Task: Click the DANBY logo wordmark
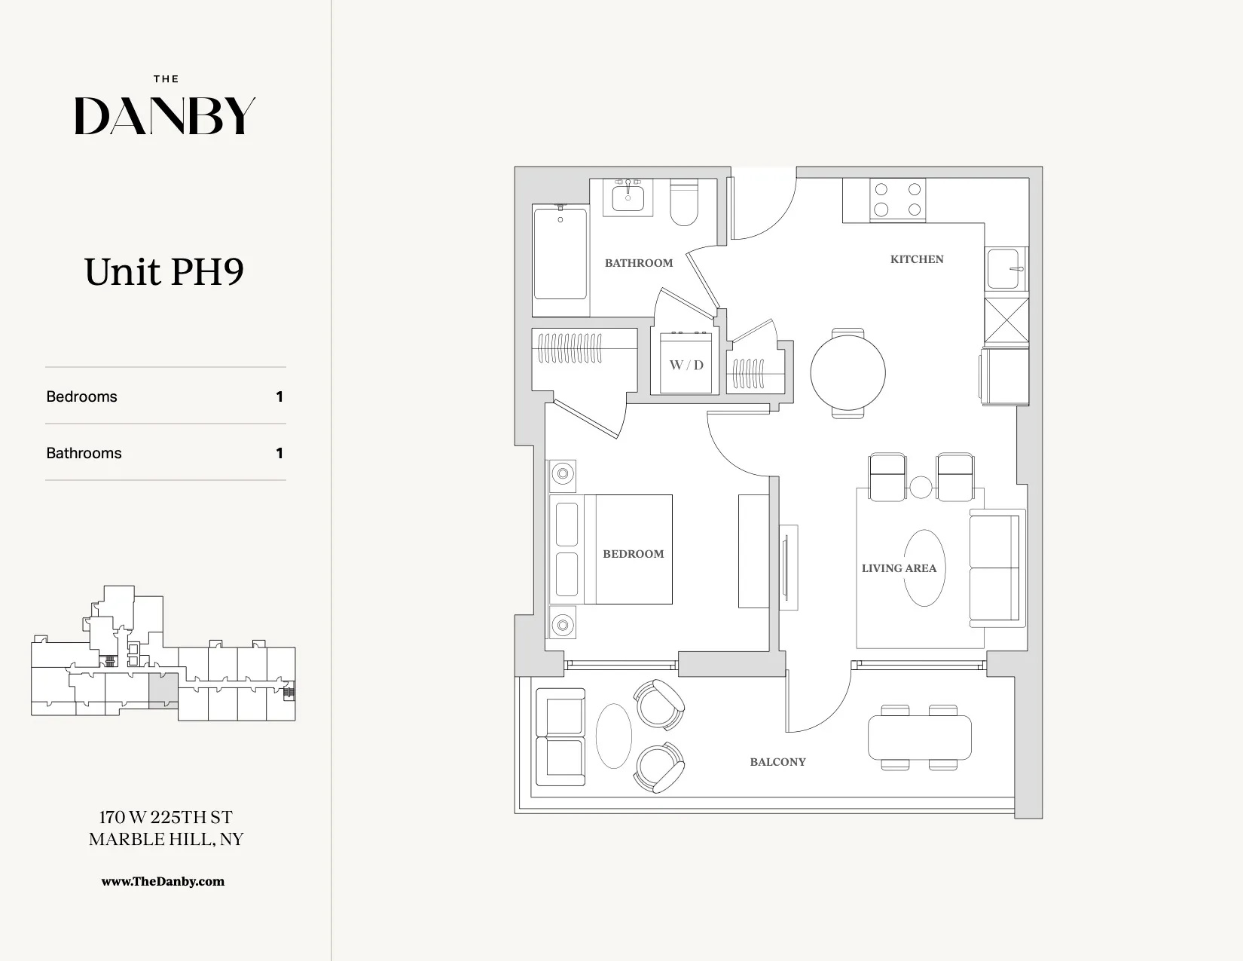(165, 116)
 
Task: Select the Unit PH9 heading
(164, 272)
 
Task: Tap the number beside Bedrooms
(279, 396)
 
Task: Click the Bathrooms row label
(84, 453)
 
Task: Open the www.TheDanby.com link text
(163, 881)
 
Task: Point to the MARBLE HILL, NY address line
(166, 839)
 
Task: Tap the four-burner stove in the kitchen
(897, 200)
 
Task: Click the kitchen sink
(1005, 269)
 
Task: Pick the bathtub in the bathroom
(560, 254)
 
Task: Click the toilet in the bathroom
(684, 204)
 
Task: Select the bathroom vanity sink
(628, 198)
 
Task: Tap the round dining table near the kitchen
(847, 372)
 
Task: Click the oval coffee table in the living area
(924, 568)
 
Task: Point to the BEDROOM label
(633, 554)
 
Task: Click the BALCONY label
(777, 762)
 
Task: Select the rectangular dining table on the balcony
(919, 737)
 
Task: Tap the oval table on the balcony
(614, 736)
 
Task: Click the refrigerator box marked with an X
(1006, 320)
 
